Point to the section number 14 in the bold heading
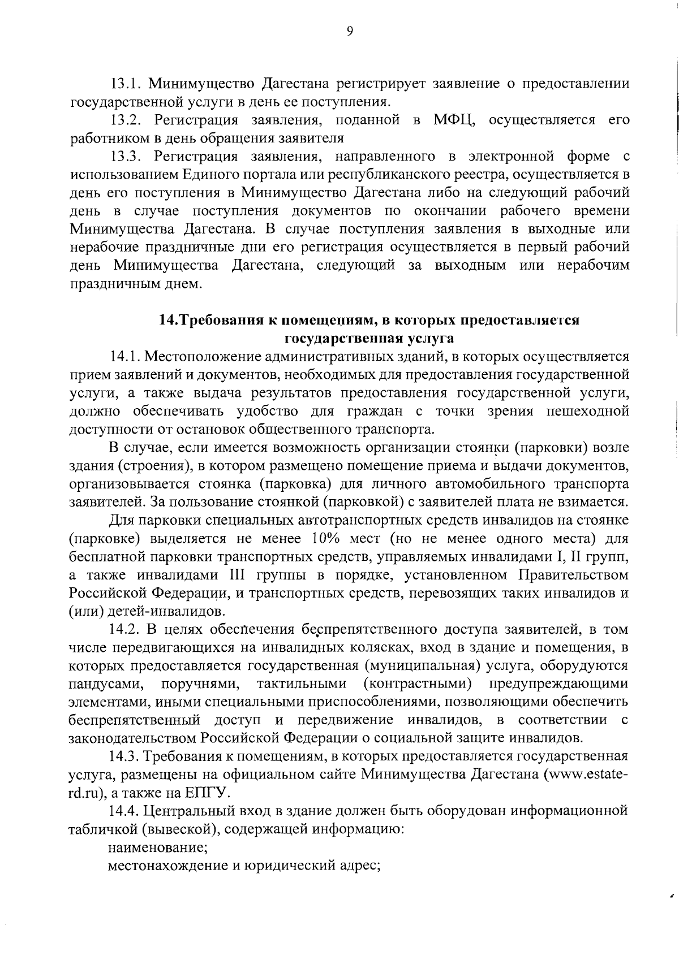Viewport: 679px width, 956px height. [x=168, y=320]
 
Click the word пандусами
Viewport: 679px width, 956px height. [x=105, y=684]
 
